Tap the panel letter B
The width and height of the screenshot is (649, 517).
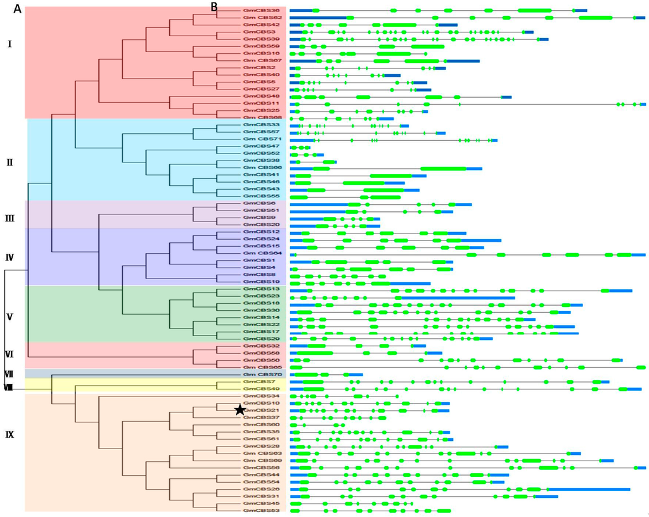[214, 6]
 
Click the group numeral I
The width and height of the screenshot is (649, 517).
[9, 44]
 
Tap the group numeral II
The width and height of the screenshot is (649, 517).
[10, 162]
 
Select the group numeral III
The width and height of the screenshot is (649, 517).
[10, 219]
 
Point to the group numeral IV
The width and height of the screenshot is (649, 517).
[10, 257]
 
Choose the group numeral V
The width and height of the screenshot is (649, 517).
[10, 317]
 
